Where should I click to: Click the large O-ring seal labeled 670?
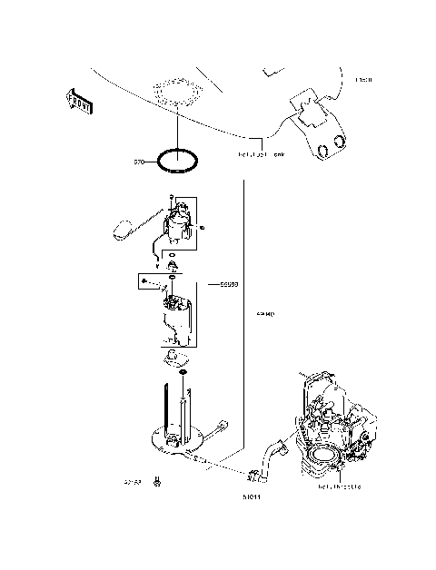tap(178, 162)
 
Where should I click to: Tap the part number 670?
tap(140, 162)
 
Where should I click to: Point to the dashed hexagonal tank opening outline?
tap(178, 94)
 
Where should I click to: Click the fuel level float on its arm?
tap(121, 230)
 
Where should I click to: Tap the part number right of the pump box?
tap(228, 284)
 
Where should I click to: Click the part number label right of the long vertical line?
tap(265, 314)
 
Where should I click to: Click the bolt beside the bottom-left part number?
tap(159, 481)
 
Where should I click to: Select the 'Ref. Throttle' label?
tap(340, 486)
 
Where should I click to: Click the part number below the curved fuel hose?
tap(252, 497)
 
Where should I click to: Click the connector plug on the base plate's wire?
tap(222, 424)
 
